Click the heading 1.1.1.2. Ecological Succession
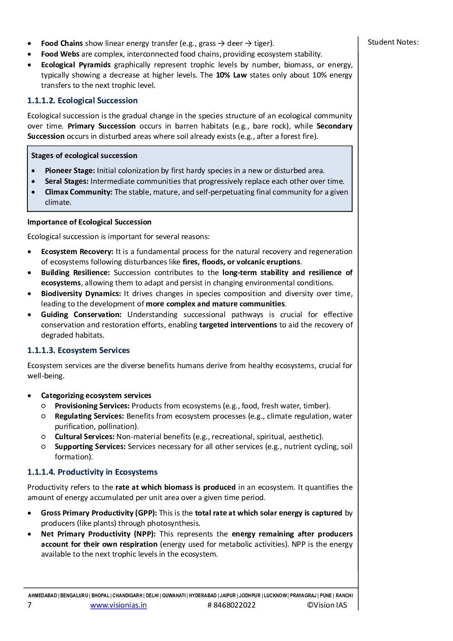pyautogui.click(x=82, y=101)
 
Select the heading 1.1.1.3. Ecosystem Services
pyautogui.click(x=78, y=350)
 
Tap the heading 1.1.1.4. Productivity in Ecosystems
pyautogui.click(x=92, y=472)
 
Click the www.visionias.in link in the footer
pyautogui.click(x=118, y=605)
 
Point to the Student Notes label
pyautogui.click(x=393, y=42)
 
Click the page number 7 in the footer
pyautogui.click(x=30, y=605)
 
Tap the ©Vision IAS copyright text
pyautogui.click(x=327, y=605)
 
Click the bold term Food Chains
pyautogui.click(x=62, y=43)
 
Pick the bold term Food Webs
pyautogui.click(x=60, y=54)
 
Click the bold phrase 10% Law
pyautogui.click(x=231, y=75)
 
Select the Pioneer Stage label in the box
pyautogui.click(x=70, y=171)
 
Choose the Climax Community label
pyautogui.click(x=78, y=192)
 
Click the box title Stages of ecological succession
pyautogui.click(x=84, y=156)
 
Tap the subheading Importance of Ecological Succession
pyautogui.click(x=89, y=222)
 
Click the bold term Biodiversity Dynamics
pyautogui.click(x=81, y=294)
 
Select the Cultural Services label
pyautogui.click(x=84, y=437)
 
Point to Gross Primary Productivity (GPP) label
pyautogui.click(x=99, y=513)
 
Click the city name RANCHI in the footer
pyautogui.click(x=344, y=596)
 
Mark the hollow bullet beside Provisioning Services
pyautogui.click(x=44, y=406)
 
